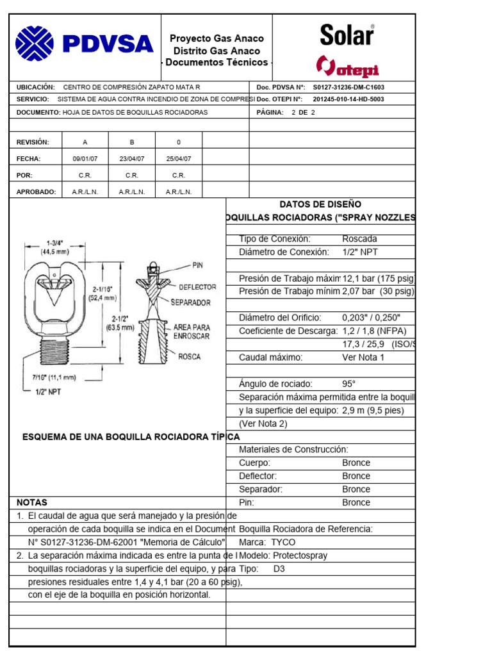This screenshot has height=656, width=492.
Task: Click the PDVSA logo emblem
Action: coord(35,44)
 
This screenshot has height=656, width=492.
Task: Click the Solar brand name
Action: coord(347,35)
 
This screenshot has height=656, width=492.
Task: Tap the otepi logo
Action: coord(348,66)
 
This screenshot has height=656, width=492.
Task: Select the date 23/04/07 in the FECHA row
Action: coord(132,158)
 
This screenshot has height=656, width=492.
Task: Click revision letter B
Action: coord(132,142)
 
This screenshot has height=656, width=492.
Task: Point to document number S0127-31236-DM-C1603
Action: coord(348,87)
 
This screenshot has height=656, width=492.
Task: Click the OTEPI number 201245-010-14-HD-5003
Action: coord(348,99)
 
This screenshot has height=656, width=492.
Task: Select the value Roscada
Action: coord(360,239)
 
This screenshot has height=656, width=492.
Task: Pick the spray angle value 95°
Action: coord(348,384)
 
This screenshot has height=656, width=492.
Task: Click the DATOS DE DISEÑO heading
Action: coord(320,204)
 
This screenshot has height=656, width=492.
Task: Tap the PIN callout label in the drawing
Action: coord(198,264)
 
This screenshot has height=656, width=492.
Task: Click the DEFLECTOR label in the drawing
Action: coord(197,287)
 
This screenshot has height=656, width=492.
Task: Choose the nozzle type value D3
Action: coord(279,568)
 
